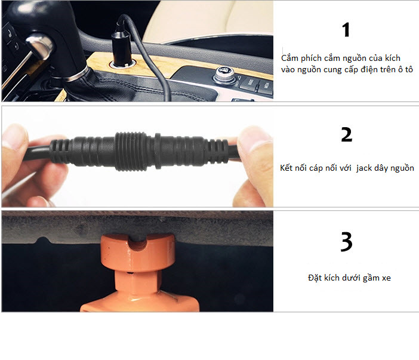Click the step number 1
pyautogui.click(x=346, y=30)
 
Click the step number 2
pyautogui.click(x=347, y=134)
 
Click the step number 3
pyautogui.click(x=347, y=242)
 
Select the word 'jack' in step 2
pyautogui.click(x=363, y=168)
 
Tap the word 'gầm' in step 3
pyautogui.click(x=371, y=278)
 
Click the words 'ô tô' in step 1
pyautogui.click(x=405, y=69)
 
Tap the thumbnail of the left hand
pyautogui.click(x=15, y=137)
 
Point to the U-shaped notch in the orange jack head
pyautogui.click(x=138, y=243)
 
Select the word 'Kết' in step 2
pyautogui.click(x=286, y=168)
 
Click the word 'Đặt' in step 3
pyautogui.click(x=315, y=278)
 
